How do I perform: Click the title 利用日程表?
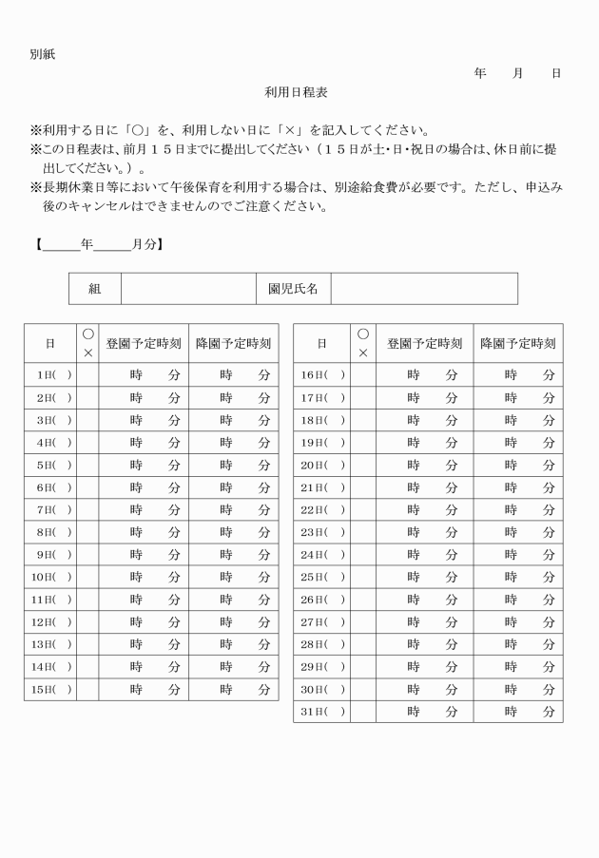pos(297,92)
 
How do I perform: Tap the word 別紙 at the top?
pos(43,54)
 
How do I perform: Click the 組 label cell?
pos(94,289)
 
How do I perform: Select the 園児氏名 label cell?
pos(293,289)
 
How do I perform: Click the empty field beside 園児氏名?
pos(424,289)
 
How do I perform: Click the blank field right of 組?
pos(187,289)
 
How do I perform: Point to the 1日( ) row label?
pos(50,374)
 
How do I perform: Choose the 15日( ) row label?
pos(50,689)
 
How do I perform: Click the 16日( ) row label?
pos(321,374)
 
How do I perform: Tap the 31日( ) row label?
pos(321,712)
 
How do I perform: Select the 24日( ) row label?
pos(321,554)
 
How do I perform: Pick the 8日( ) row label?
pos(50,532)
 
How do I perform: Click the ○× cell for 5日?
pos(87,465)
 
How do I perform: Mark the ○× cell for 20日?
pos(363,465)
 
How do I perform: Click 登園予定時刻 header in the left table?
pos(144,343)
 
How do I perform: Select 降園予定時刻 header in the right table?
pos(518,343)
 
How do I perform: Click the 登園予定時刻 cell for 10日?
pos(144,577)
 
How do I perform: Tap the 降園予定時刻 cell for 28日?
pos(518,644)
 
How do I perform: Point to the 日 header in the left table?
pos(50,343)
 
